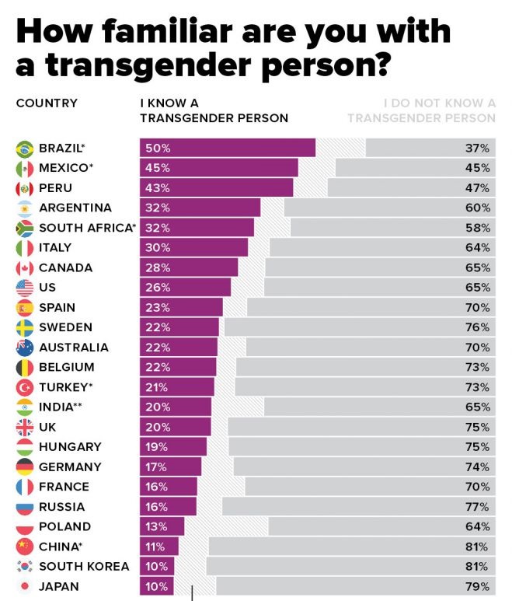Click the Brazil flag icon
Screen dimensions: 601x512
tap(25, 148)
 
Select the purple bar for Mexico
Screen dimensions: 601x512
tap(218, 168)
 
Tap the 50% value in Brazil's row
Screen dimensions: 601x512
tap(155, 148)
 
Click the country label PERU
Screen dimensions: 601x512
tap(55, 188)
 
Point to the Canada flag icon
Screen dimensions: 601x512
tap(25, 267)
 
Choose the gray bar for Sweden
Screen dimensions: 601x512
tap(350, 327)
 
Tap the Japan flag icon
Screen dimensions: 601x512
tap(25, 586)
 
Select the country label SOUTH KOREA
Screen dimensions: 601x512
tap(84, 566)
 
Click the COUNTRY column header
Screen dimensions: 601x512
tap(47, 103)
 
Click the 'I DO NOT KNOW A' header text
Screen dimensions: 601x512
tap(440, 103)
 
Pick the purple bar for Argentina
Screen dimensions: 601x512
tap(200, 208)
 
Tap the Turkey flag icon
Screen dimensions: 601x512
tap(25, 387)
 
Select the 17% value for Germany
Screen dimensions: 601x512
tap(155, 466)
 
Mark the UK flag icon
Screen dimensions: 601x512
tap(25, 427)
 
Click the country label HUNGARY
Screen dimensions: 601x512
tap(70, 447)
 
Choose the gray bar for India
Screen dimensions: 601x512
tap(381, 407)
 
